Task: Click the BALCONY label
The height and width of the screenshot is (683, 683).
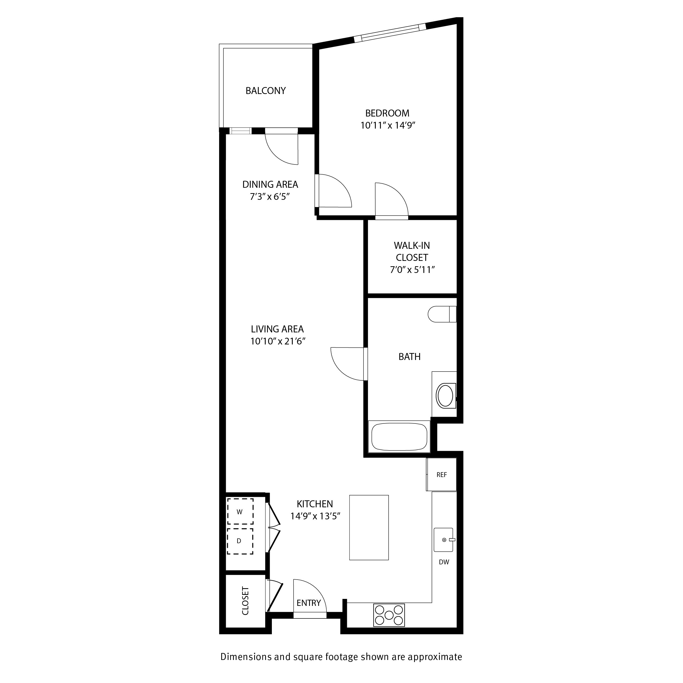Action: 265,91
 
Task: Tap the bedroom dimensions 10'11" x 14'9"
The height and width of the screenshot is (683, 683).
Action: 388,126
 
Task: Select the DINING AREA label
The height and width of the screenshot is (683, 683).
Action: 270,185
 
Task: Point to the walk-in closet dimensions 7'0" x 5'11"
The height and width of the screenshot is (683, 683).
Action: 412,270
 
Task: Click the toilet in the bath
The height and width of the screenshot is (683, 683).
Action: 442,314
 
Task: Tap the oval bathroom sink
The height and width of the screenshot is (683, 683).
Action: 445,396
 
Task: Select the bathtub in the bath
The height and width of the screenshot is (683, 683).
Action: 399,437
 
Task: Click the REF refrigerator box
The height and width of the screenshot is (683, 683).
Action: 442,475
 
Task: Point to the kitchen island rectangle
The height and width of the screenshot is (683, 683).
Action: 369,527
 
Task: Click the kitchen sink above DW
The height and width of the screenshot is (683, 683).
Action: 444,540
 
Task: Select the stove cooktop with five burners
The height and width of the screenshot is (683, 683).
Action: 389,615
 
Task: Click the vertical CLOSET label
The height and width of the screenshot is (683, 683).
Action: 245,601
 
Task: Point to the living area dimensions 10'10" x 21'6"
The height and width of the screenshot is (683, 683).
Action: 278,341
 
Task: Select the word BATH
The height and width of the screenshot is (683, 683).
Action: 409,357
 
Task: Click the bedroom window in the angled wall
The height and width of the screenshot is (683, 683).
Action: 390,32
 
